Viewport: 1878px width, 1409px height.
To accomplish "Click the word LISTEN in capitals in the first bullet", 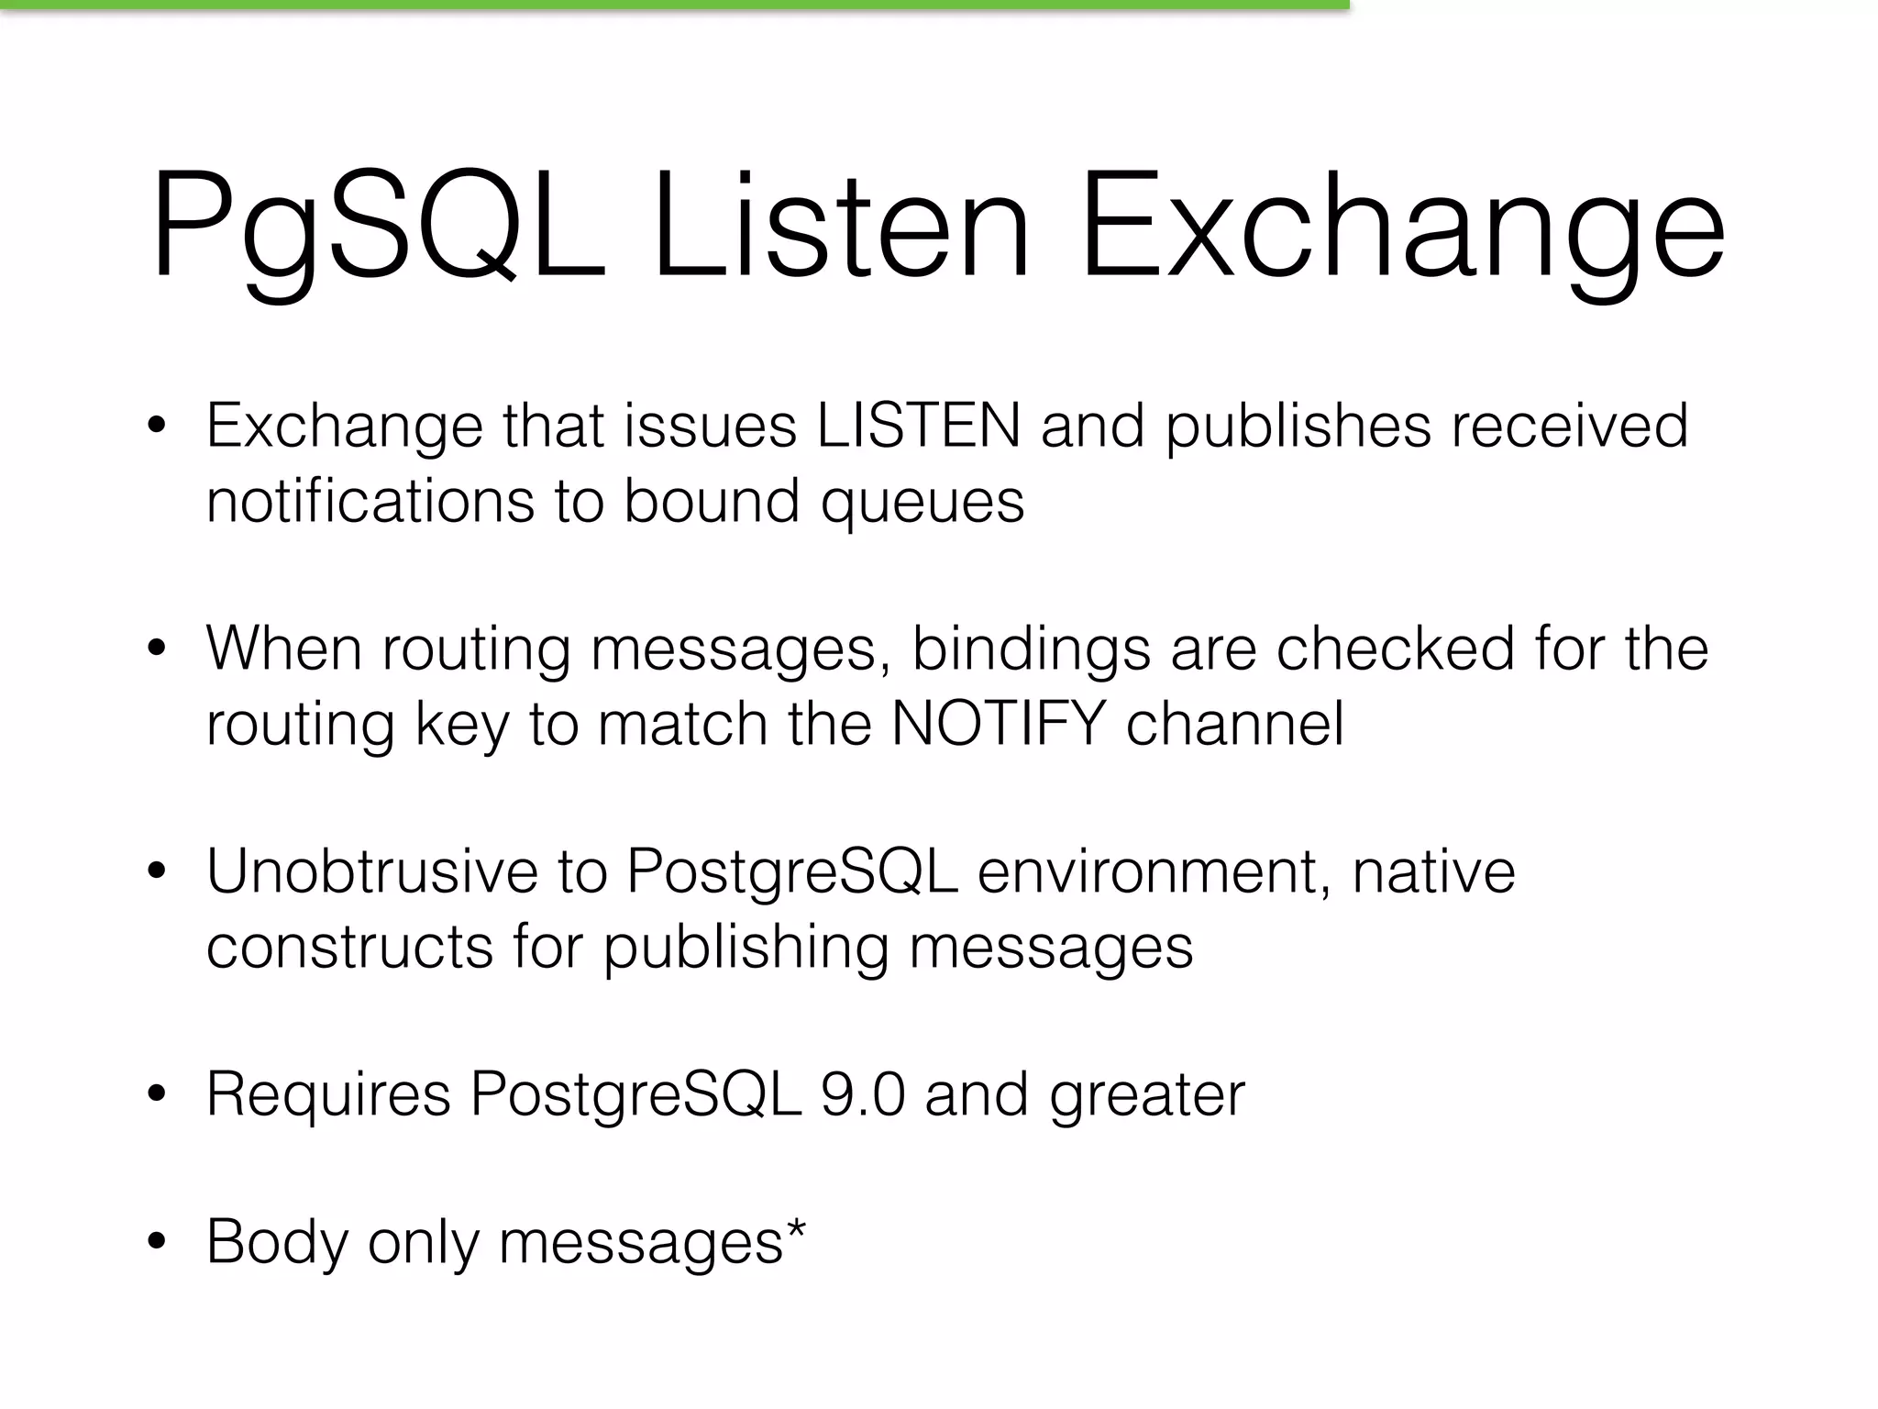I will tap(918, 426).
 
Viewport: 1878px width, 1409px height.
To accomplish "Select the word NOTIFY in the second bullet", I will tap(999, 724).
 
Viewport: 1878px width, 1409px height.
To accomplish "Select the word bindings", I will tap(1031, 650).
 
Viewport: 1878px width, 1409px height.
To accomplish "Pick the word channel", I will tap(1234, 724).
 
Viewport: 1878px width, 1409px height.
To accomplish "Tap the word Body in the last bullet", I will tap(276, 1242).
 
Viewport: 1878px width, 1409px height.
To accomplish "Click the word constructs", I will tap(349, 948).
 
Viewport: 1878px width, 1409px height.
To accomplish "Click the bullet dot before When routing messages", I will tap(157, 649).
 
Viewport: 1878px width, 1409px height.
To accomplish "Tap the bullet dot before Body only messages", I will tap(157, 1242).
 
